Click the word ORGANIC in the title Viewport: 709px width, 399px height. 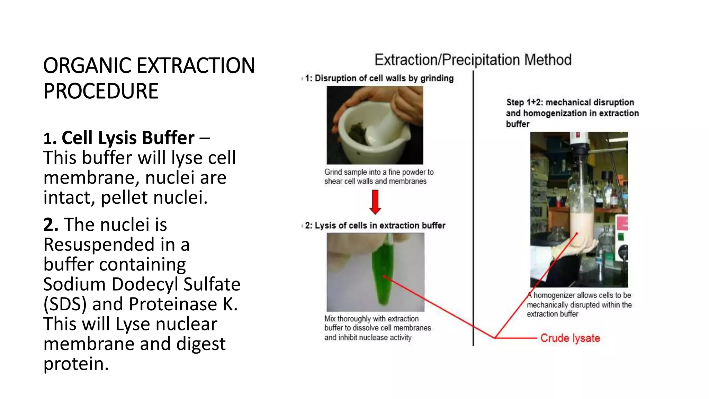coord(87,66)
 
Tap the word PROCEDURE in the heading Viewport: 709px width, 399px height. coord(101,91)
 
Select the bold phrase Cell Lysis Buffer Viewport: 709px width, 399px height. coord(128,138)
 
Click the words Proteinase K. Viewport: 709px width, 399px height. coord(183,304)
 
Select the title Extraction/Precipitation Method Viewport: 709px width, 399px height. coord(473,60)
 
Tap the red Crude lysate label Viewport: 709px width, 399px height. coord(570,338)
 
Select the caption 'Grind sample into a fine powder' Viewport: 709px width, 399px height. coord(379,172)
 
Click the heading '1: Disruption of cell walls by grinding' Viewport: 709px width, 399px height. coord(379,78)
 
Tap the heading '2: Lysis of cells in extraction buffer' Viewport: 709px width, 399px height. coord(375,225)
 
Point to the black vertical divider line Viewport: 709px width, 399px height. coord(473,208)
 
